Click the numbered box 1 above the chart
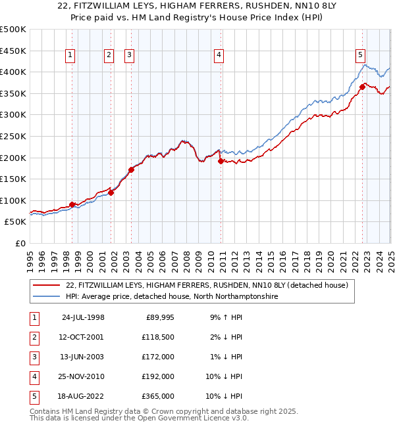tap(70, 56)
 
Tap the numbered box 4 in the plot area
tap(218, 56)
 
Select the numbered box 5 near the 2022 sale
tap(361, 56)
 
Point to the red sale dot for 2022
tap(362, 86)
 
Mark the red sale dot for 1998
tap(72, 204)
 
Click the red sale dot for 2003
tap(131, 169)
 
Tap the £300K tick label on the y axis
tap(13, 114)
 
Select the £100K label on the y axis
tap(13, 200)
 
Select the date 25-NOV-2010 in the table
tap(83, 377)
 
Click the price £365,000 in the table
tap(158, 397)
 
